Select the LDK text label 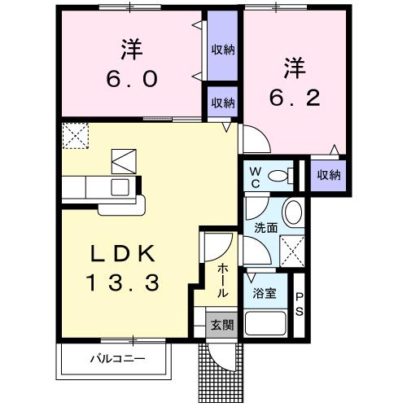tap(123, 254)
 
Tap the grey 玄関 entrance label tap(221, 324)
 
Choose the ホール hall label tap(221, 280)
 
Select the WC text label tap(254, 175)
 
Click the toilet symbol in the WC tap(281, 174)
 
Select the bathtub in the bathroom tap(266, 324)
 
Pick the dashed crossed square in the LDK tap(75, 134)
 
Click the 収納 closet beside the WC tap(329, 175)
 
